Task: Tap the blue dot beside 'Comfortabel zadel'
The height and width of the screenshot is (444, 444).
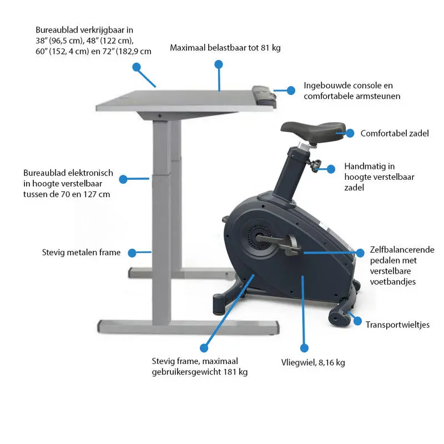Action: coord(350,133)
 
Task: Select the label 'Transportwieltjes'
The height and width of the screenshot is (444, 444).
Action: coord(397,325)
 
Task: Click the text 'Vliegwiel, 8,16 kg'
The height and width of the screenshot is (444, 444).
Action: coord(313,362)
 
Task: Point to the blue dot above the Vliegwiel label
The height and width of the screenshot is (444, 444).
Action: coord(304,347)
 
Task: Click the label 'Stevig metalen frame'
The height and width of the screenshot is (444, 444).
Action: coord(81,253)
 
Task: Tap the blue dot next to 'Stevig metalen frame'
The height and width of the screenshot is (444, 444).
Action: coord(132,253)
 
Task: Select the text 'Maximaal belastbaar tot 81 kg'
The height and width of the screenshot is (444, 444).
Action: coord(225,48)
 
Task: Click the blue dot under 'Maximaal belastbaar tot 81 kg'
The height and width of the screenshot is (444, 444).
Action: coord(219,65)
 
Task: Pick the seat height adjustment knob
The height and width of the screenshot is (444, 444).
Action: coord(317,165)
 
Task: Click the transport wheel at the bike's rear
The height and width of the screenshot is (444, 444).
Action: coord(337,316)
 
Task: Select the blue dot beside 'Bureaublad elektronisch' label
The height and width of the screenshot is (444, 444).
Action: coord(123,179)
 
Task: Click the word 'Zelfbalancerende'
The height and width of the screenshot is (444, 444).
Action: coord(402,250)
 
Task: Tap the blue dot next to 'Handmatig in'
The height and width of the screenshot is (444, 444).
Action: coord(331,168)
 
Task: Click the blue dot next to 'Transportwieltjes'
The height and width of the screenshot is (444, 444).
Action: coord(355,322)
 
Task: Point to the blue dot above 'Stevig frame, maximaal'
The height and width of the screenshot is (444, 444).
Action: coord(204,348)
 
